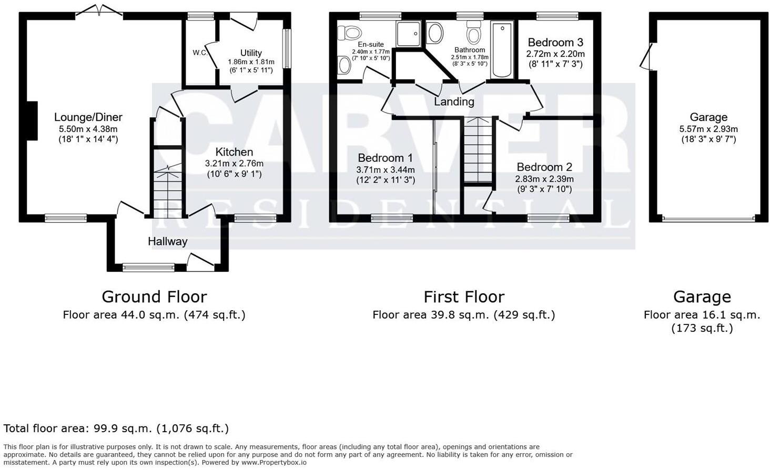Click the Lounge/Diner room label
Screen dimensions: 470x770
pos(88,117)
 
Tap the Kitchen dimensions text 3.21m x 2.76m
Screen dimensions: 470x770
pos(234,164)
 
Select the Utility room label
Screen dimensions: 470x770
pos(251,53)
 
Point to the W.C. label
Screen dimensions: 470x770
pos(200,53)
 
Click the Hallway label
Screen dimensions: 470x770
pos(167,241)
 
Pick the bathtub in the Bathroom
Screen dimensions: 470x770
pos(502,50)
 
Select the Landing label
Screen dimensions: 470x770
pos(454,101)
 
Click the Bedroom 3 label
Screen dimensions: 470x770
pos(555,42)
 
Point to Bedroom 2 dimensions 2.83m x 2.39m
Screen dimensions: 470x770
pos(544,179)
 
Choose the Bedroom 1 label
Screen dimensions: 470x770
pos(385,158)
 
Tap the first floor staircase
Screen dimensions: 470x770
pos(478,150)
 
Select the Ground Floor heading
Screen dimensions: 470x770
pos(154,297)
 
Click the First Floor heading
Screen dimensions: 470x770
pos(464,297)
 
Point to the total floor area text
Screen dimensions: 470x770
pos(116,428)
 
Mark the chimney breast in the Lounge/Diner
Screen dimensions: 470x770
pos(32,121)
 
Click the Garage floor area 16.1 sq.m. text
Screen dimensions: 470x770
pos(702,315)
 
